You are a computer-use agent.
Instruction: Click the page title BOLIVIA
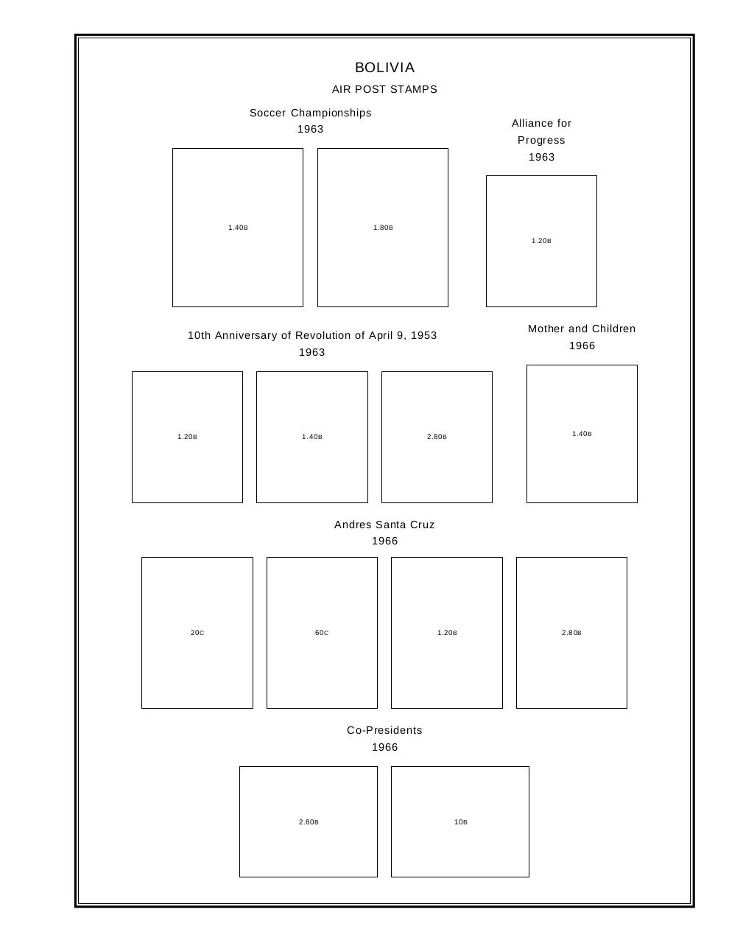(384, 68)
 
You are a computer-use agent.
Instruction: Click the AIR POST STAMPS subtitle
(384, 89)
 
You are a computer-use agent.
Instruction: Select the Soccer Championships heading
(310, 113)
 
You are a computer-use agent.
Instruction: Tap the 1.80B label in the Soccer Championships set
(383, 228)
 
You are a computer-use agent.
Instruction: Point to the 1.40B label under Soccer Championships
(238, 228)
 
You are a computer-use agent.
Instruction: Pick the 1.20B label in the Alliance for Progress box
(541, 241)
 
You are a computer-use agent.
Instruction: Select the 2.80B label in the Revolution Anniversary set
(437, 437)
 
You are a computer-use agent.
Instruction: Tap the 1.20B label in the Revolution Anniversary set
(187, 437)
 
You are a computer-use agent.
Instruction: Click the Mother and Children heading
(582, 329)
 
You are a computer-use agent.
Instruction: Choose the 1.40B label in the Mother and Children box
(582, 434)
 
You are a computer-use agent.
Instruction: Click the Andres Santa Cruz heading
(384, 525)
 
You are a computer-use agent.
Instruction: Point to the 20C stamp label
(197, 633)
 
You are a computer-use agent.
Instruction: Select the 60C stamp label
(322, 633)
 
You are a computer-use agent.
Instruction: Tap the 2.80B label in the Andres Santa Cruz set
(571, 633)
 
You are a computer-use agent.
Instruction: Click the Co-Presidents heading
(384, 730)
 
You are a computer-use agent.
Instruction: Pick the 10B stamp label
(460, 822)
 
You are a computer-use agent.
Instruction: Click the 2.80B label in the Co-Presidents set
(309, 822)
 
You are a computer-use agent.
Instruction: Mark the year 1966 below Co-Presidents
(384, 747)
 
